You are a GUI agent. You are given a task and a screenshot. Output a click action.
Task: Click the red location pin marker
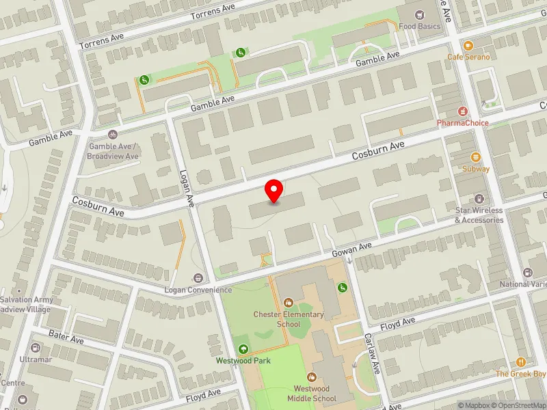tap(274, 191)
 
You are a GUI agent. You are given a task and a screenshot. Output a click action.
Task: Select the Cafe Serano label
tap(468, 57)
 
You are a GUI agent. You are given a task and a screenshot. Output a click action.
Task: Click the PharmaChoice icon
tap(463, 111)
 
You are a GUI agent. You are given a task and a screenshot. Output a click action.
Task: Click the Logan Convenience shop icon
tap(198, 277)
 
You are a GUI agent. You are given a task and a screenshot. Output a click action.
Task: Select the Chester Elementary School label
tap(288, 319)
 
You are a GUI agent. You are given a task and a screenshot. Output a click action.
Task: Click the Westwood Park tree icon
tap(243, 348)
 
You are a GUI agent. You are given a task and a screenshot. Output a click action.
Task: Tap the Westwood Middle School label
tap(312, 394)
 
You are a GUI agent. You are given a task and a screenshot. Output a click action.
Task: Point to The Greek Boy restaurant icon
tap(522, 362)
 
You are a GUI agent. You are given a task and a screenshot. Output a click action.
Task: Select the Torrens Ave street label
tap(213, 14)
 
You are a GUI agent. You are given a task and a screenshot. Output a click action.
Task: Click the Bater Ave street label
tap(66, 337)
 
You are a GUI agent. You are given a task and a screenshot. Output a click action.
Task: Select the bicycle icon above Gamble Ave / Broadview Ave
tap(113, 135)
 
